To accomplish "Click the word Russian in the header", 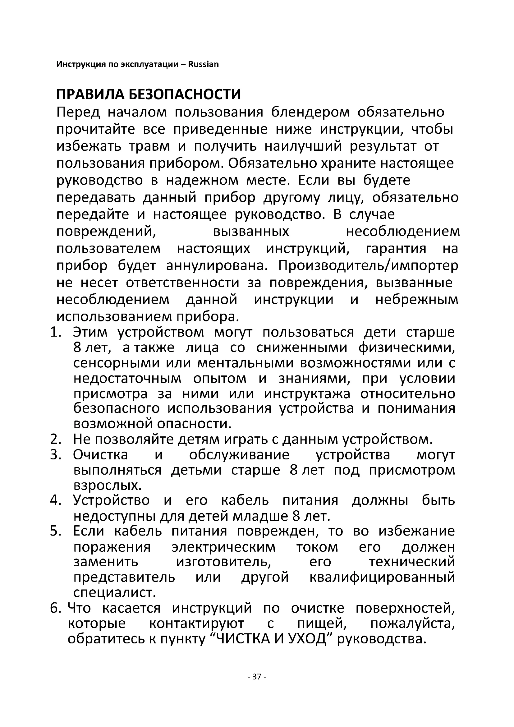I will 203,65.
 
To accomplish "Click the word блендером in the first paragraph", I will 310,113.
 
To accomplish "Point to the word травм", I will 149,146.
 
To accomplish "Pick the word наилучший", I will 303,146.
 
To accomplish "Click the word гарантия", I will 396,249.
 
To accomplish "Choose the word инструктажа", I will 307,394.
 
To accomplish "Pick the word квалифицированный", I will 382,577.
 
